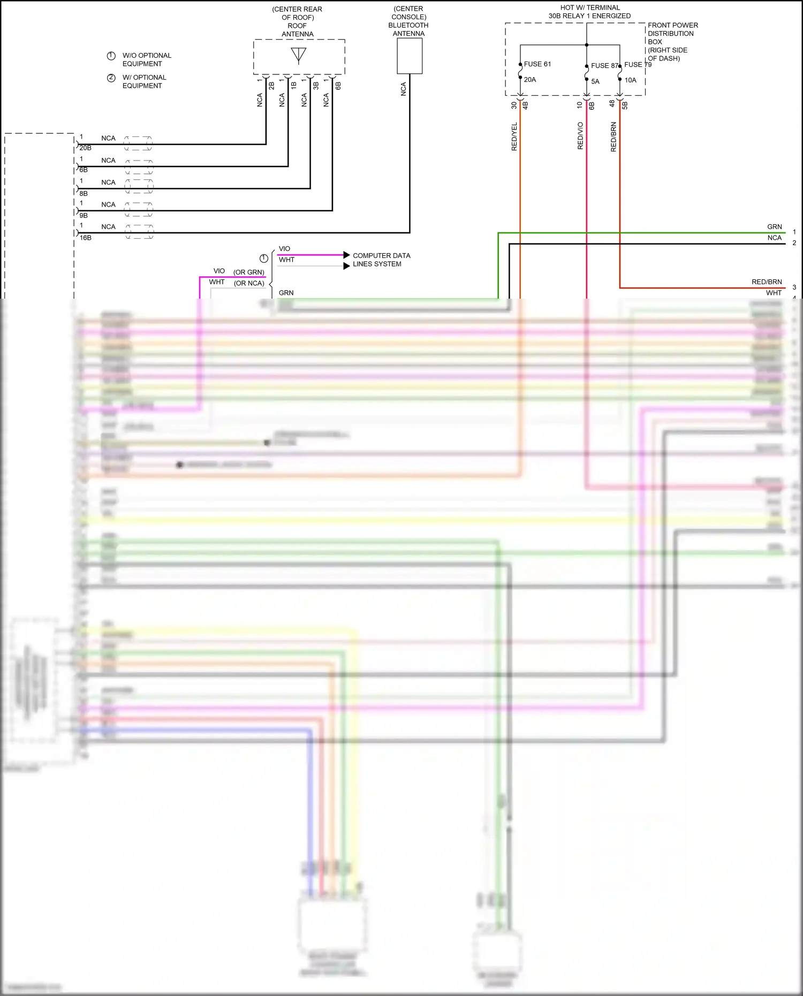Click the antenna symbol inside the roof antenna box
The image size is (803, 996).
click(x=299, y=55)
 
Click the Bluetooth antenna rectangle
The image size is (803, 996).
click(x=410, y=56)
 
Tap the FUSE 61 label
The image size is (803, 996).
click(x=537, y=64)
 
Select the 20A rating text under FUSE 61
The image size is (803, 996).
click(x=530, y=80)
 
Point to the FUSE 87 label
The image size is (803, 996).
click(x=604, y=66)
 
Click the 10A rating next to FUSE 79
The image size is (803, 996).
click(x=631, y=80)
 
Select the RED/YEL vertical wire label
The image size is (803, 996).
click(x=514, y=136)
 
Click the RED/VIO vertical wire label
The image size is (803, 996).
click(x=580, y=136)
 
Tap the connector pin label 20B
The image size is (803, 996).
click(x=86, y=148)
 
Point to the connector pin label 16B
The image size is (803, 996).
click(x=86, y=238)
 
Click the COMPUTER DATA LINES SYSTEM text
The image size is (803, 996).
click(x=381, y=260)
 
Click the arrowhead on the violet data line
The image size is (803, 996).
click(x=347, y=255)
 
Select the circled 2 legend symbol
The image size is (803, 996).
click(x=111, y=78)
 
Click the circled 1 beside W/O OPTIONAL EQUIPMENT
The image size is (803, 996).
click(x=111, y=56)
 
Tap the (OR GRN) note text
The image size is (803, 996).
click(x=249, y=272)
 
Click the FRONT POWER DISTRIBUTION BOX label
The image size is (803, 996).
click(x=672, y=42)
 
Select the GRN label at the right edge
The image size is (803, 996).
click(x=774, y=227)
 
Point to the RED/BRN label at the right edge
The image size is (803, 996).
click(x=767, y=282)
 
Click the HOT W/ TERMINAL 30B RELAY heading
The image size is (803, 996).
click(x=589, y=12)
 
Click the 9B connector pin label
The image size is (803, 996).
click(x=84, y=216)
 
